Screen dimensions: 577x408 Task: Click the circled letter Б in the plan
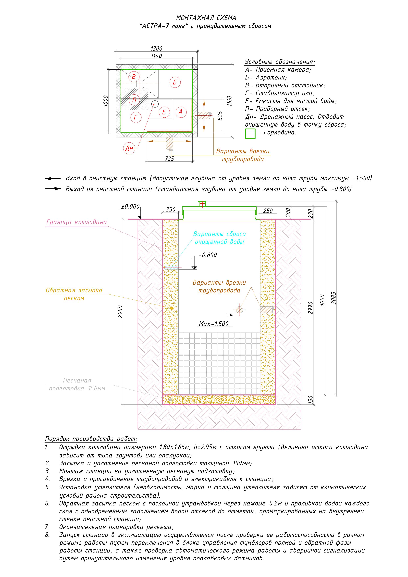pos(175,82)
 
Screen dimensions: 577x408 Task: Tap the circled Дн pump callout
pos(129,148)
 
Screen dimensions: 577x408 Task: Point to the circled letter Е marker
pos(164,112)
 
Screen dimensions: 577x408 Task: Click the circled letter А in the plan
pos(181,112)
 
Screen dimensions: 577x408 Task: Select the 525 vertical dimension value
pos(220,116)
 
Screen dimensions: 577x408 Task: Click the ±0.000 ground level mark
pos(130,207)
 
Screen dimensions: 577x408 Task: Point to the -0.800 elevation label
pos(208,255)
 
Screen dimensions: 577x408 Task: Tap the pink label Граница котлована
pos(77,222)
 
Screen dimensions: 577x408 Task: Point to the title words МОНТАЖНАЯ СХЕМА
pos(206,18)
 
